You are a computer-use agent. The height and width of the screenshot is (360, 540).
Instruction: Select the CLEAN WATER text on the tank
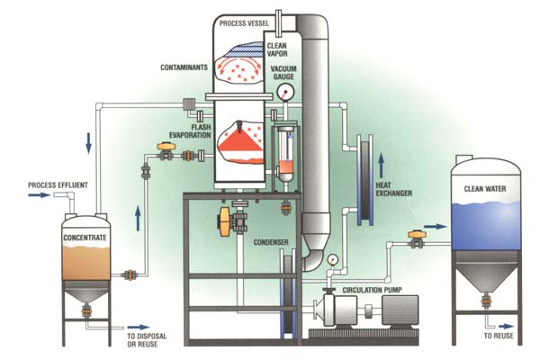tap(485, 189)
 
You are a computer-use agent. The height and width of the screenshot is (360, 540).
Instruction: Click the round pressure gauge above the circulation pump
tap(333, 258)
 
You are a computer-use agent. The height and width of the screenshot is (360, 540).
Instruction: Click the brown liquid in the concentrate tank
tap(85, 260)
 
